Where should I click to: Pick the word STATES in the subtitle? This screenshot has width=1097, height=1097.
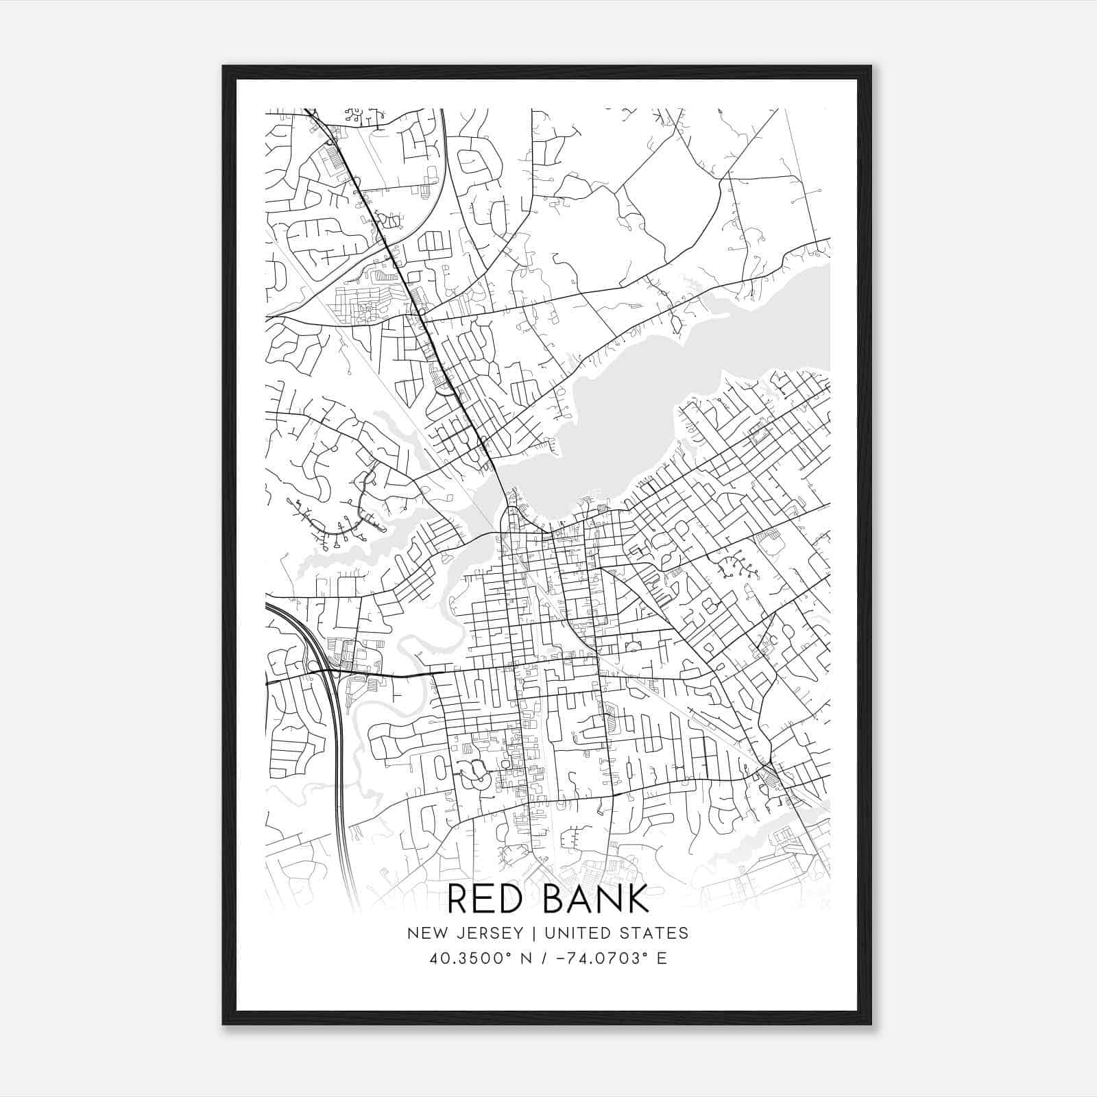click(656, 932)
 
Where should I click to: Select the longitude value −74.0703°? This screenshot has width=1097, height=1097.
click(594, 958)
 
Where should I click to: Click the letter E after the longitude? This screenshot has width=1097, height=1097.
click(662, 958)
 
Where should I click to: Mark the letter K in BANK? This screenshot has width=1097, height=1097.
click(637, 899)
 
